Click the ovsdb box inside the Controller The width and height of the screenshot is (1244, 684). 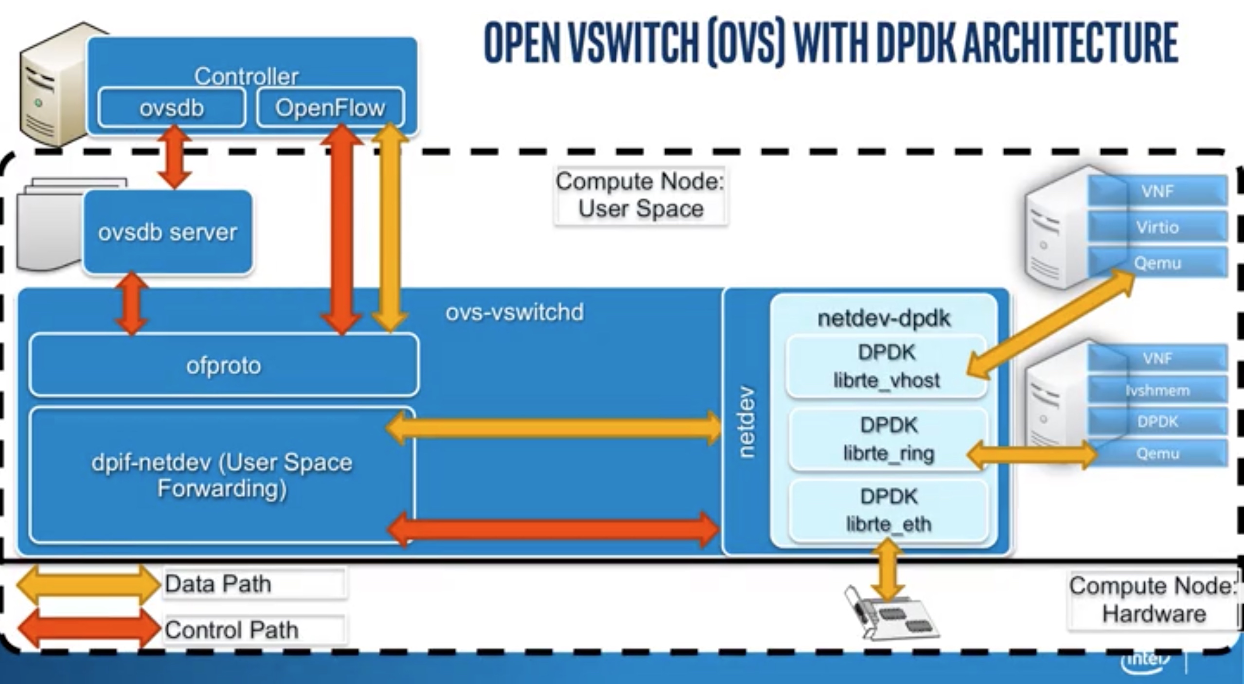pyautogui.click(x=171, y=108)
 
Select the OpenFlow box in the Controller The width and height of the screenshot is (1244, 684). pyautogui.click(x=330, y=108)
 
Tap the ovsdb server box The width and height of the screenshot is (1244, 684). pyautogui.click(x=168, y=232)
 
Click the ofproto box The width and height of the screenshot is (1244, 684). pyautogui.click(x=224, y=365)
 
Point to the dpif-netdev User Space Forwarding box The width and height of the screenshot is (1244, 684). pyautogui.click(x=221, y=475)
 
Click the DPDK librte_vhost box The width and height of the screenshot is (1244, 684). pyautogui.click(x=886, y=366)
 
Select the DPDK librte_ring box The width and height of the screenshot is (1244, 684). pyautogui.click(x=889, y=439)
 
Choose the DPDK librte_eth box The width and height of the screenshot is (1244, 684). pyautogui.click(x=889, y=511)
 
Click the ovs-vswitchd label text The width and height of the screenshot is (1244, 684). pyautogui.click(x=514, y=312)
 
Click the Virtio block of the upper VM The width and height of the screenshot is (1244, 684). pyautogui.click(x=1157, y=227)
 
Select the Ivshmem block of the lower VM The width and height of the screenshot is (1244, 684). pyautogui.click(x=1157, y=390)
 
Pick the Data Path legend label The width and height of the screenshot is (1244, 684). pyautogui.click(x=218, y=584)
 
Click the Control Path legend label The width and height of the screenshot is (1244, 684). pyautogui.click(x=231, y=630)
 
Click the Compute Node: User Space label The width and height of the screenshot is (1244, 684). pyautogui.click(x=640, y=196)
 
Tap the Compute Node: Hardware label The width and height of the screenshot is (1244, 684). pyautogui.click(x=1153, y=600)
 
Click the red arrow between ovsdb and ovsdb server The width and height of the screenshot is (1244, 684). pyautogui.click(x=174, y=157)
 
